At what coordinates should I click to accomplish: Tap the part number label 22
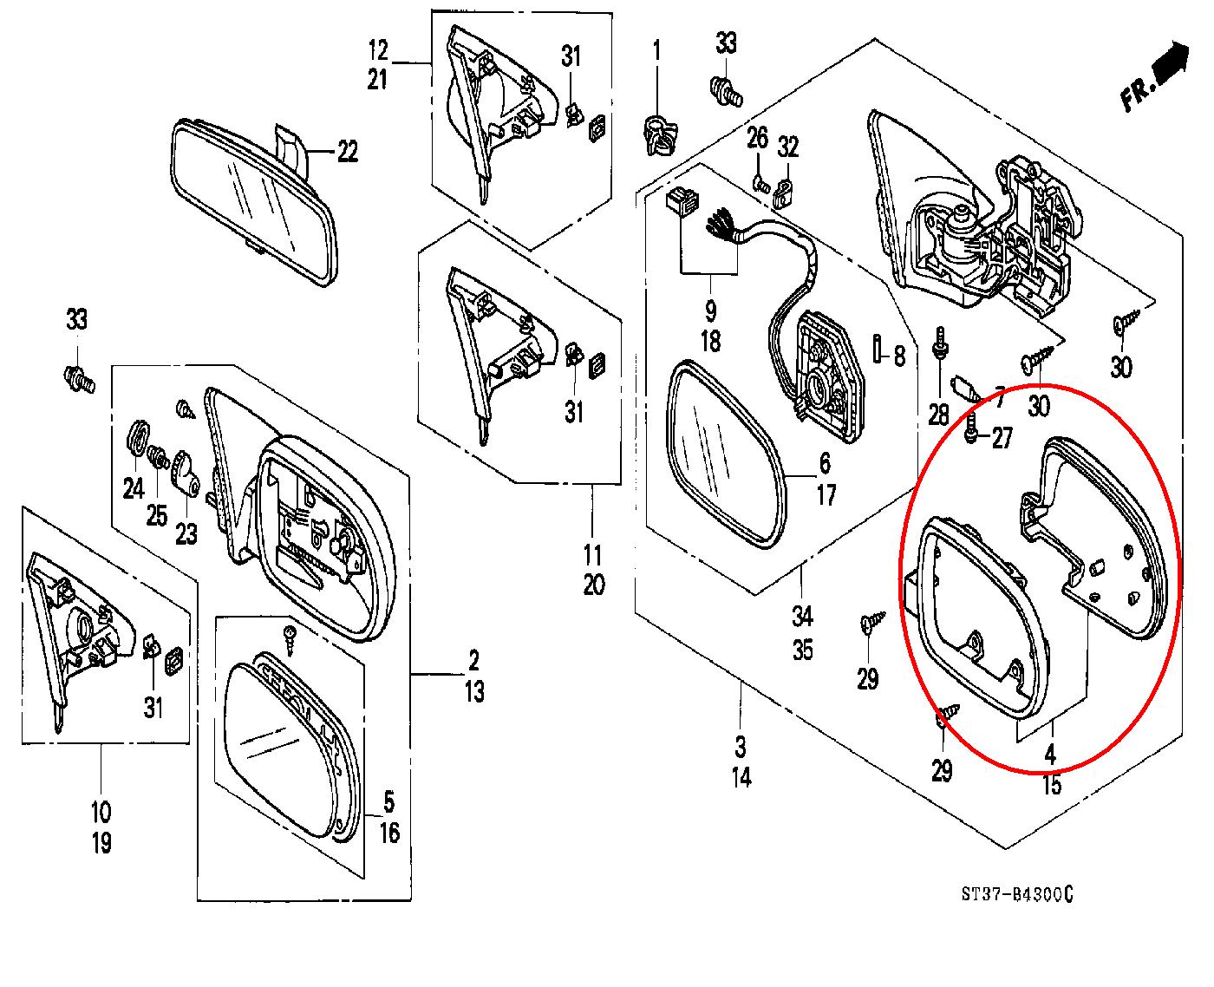click(x=347, y=153)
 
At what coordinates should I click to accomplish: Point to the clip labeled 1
click(x=657, y=136)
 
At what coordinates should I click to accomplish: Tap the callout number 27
click(x=1002, y=439)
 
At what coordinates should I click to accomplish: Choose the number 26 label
click(x=758, y=136)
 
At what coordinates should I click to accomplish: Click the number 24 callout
click(x=133, y=489)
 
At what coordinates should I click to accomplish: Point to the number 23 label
click(x=186, y=533)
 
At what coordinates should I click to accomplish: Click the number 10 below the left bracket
click(x=101, y=813)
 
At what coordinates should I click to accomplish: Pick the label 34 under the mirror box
click(x=802, y=618)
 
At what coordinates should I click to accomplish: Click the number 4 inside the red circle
click(x=1051, y=754)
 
